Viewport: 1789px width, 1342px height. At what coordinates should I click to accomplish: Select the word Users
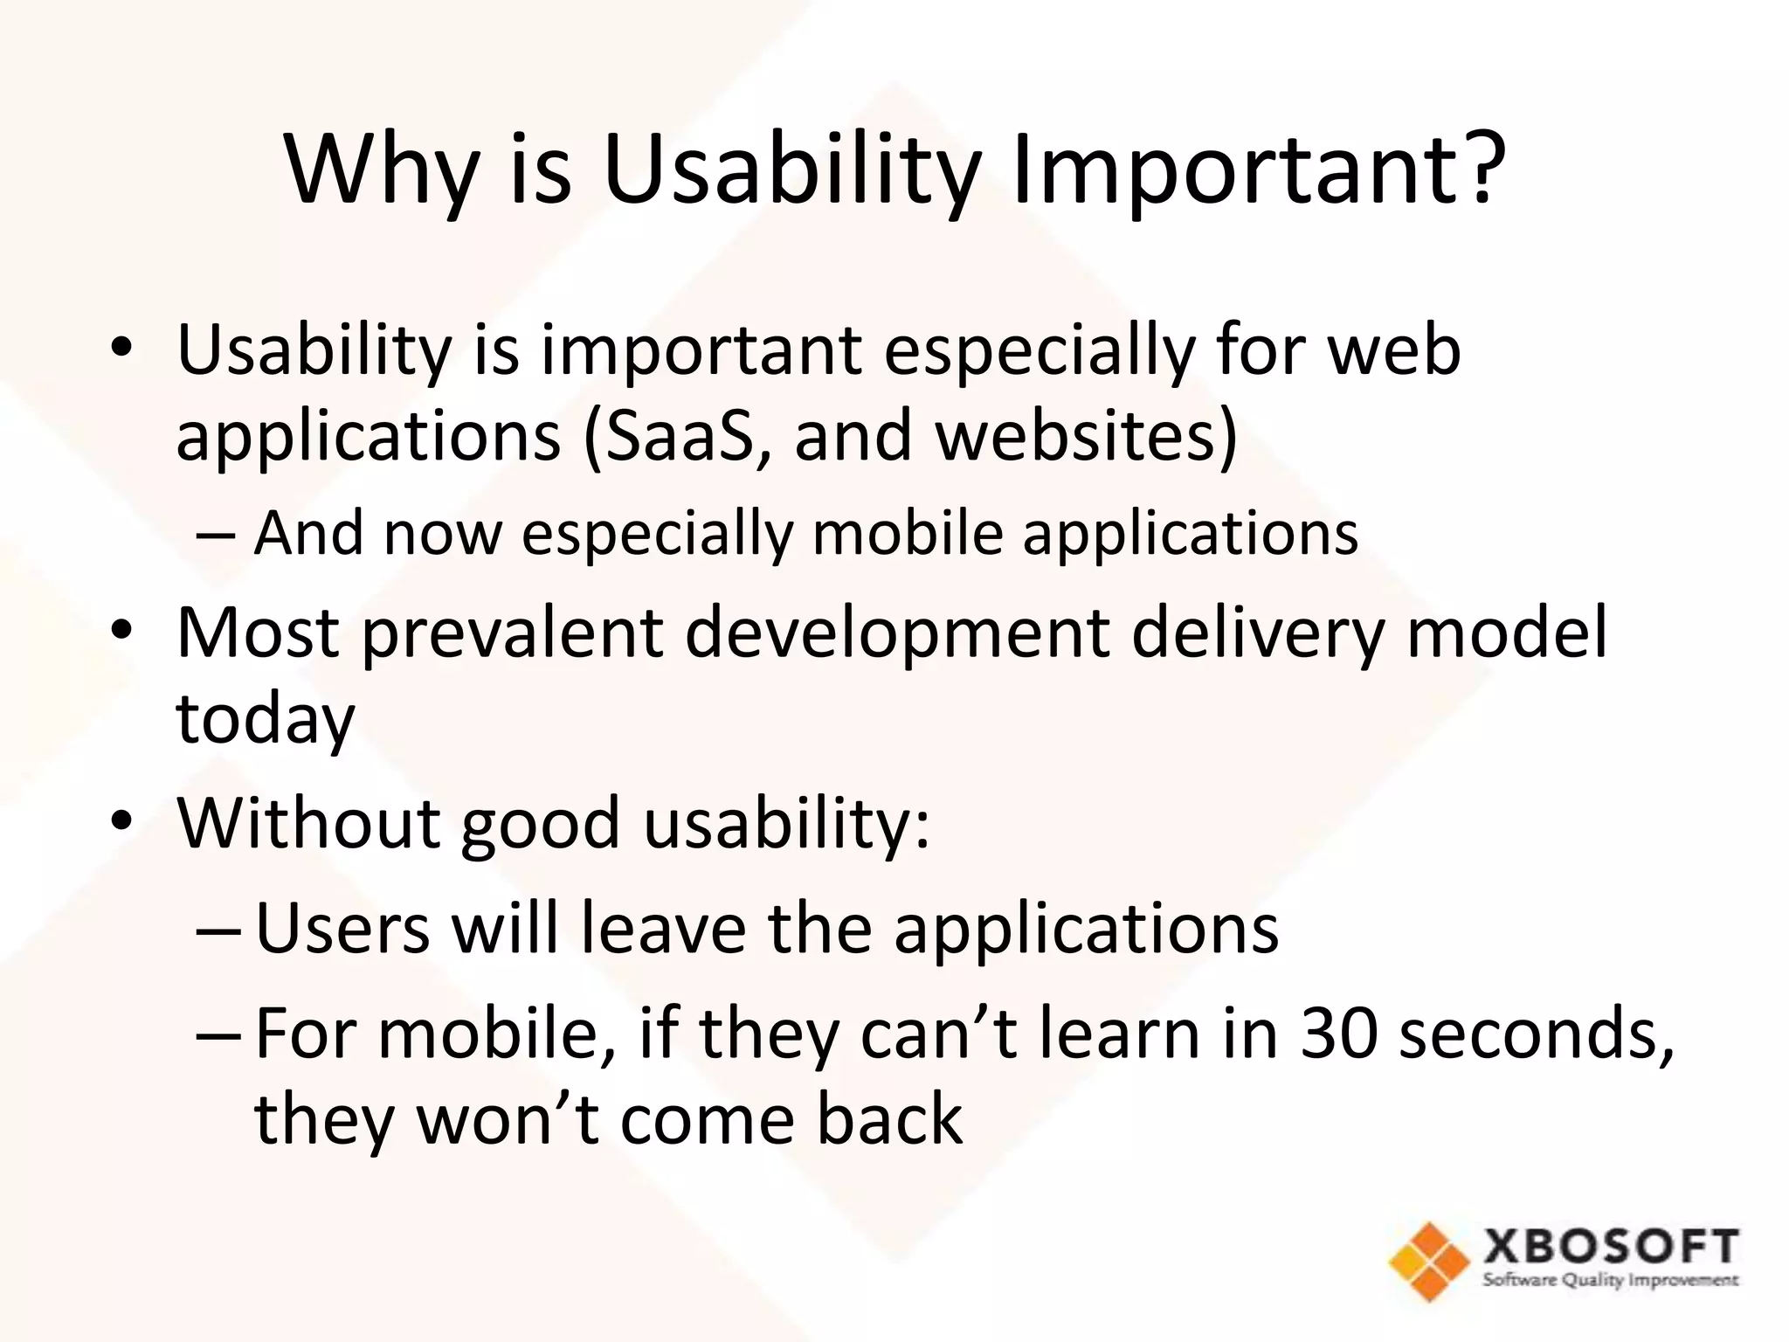coord(342,928)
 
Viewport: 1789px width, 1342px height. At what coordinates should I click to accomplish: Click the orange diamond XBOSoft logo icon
coord(1429,1260)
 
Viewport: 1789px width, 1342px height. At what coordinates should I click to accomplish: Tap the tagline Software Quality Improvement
coord(1611,1281)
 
